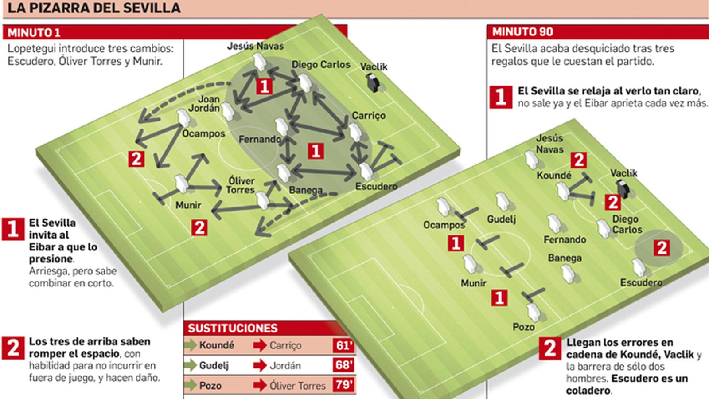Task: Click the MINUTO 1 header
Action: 34,32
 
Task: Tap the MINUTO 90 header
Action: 522,32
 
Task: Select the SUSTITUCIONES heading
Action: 233,328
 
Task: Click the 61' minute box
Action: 344,345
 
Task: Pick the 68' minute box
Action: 344,365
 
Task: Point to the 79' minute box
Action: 344,385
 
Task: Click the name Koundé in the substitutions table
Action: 216,345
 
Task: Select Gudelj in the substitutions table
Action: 214,365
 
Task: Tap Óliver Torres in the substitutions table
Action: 297,385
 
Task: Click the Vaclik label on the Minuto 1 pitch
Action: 374,67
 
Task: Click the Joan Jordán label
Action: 204,104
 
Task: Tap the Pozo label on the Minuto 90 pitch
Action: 523,327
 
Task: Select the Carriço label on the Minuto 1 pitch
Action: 369,116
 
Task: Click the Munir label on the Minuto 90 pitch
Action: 473,283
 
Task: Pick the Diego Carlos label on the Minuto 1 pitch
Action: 321,65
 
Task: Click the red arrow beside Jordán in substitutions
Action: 260,365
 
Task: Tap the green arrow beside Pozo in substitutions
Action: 191,385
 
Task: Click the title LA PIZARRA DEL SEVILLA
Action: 94,8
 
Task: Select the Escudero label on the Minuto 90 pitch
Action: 641,282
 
